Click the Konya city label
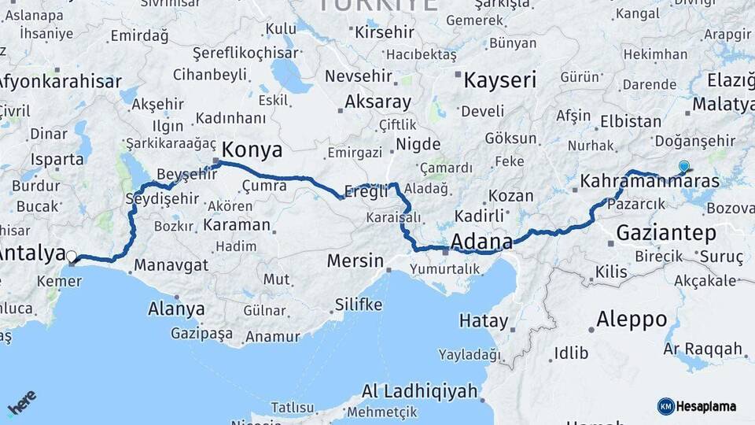[x=252, y=150]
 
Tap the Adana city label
[x=481, y=241]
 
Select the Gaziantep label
[x=666, y=233]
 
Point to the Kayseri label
[x=499, y=79]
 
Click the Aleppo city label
[x=632, y=320]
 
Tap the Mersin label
[x=355, y=261]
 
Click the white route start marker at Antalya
[x=72, y=256]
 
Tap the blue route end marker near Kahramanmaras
[x=683, y=166]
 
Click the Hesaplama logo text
[x=705, y=406]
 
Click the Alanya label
[x=176, y=309]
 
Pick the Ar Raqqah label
[x=702, y=349]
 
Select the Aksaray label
[x=377, y=102]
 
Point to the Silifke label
[x=358, y=305]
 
